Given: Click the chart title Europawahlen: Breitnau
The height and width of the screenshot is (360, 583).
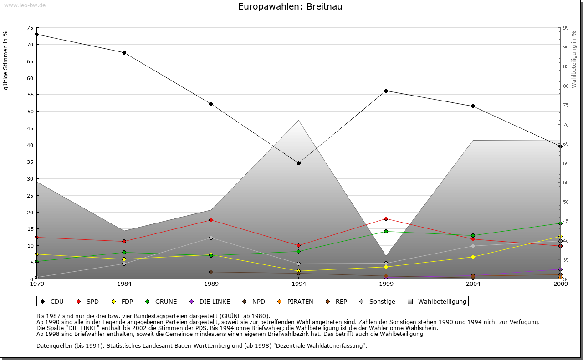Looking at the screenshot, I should pos(290,7).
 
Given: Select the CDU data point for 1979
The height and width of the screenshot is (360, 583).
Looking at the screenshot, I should pos(36,34).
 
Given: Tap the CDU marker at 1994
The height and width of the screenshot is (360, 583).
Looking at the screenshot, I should pos(298,163).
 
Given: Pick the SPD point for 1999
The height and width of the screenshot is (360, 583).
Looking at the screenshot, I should pos(386,218).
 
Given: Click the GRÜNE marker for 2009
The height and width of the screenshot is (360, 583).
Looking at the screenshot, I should pos(560,223).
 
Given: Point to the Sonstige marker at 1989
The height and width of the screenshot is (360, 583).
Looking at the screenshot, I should pos(211,238).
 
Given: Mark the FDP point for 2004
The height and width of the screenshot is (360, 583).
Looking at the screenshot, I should pos(473,257).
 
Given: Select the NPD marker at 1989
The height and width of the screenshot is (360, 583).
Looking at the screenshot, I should pos(211,272).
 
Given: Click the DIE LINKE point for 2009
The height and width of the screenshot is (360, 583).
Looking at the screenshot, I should pos(560,269).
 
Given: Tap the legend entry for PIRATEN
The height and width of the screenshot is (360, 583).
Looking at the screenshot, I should pos(296,301).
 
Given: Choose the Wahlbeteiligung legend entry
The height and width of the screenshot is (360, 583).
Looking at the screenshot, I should pos(437,301).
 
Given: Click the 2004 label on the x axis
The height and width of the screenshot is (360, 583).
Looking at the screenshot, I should pos(473,284).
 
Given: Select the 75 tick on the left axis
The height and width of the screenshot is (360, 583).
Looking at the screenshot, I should pos(30,28).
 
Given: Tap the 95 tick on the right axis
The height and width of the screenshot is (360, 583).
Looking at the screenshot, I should pos(565,28).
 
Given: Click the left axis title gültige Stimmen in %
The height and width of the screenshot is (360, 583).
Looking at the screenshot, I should pos(6,60).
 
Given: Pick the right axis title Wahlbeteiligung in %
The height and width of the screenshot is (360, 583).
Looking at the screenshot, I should pos(573,59).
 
